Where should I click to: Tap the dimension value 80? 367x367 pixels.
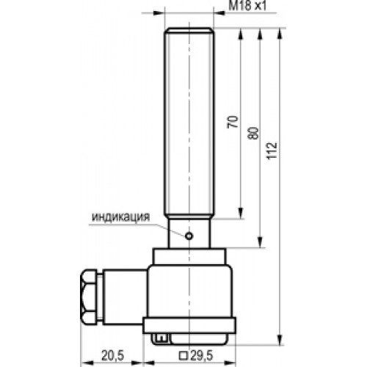(x=253, y=134)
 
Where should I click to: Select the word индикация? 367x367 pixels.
(x=121, y=217)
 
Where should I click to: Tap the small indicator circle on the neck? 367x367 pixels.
(x=189, y=236)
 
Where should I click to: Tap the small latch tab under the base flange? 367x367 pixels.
(x=163, y=338)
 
